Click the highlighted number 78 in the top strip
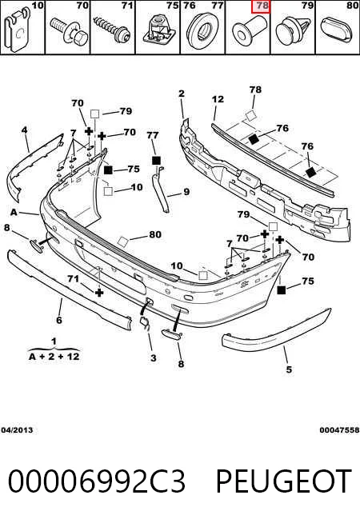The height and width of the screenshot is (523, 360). click(262, 6)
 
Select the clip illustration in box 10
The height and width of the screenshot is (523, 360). click(17, 30)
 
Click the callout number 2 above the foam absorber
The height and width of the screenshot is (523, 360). click(181, 93)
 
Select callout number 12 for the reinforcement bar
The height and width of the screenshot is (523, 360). click(218, 99)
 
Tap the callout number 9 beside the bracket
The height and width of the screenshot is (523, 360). click(186, 192)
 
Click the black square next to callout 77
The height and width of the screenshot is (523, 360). click(156, 161)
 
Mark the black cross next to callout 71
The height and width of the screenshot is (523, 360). click(99, 293)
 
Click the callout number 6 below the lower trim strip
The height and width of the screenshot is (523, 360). click(59, 320)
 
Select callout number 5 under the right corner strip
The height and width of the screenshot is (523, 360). click(289, 369)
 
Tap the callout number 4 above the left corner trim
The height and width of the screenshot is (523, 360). click(24, 130)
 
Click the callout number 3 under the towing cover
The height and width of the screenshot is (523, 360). click(153, 358)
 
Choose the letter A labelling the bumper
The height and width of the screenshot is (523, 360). click(14, 212)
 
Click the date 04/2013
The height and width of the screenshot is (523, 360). click(17, 430)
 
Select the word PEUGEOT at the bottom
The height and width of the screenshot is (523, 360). click(284, 481)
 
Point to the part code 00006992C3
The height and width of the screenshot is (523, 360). click(97, 481)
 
